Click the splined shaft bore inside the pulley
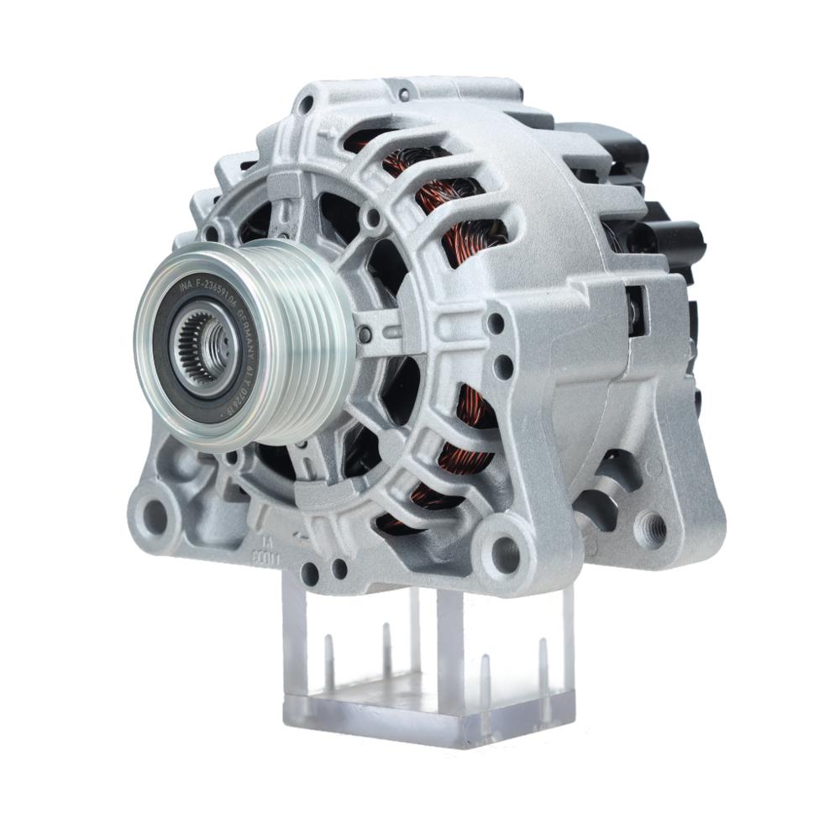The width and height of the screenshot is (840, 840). (204, 345)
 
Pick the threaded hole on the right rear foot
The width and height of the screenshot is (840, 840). (653, 528)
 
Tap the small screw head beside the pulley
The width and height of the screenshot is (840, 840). (364, 335)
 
